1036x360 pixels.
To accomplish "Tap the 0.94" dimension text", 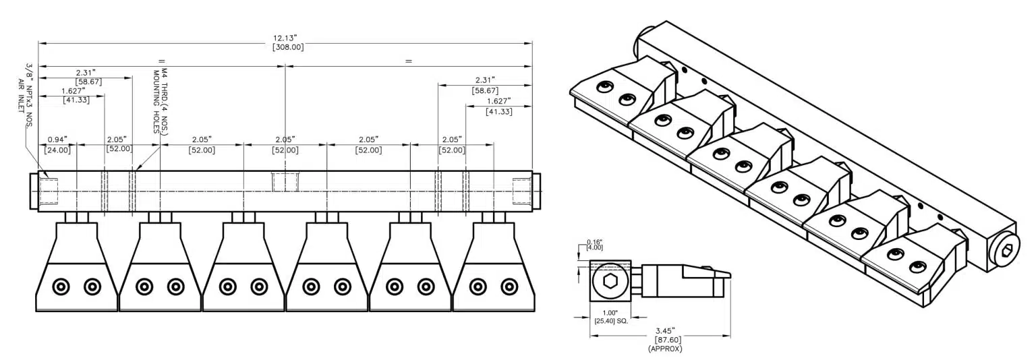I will click(57, 140).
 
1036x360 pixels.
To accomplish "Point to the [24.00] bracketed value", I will click(57, 150).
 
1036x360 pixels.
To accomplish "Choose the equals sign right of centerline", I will click(408, 61).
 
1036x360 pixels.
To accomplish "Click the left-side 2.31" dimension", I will click(85, 71).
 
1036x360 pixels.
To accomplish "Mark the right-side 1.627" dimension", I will click(498, 101).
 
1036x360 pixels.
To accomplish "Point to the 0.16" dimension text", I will click(594, 241).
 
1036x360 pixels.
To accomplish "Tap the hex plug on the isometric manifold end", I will click(1007, 251).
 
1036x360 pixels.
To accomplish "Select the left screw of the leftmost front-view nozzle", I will click(61, 287).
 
